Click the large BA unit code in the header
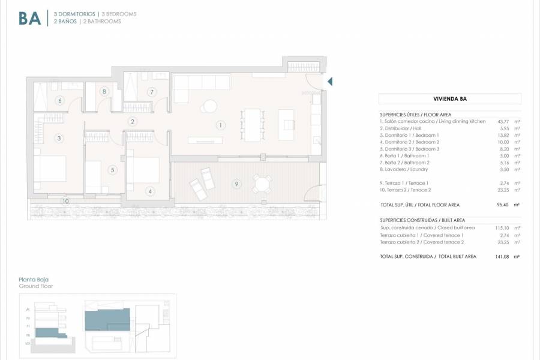pyautogui.click(x=29, y=18)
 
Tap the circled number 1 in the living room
pyautogui.click(x=221, y=125)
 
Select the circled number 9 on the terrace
pyautogui.click(x=236, y=183)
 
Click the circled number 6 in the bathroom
pyautogui.click(x=60, y=100)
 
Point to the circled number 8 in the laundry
pyautogui.click(x=104, y=92)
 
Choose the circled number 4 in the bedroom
pyautogui.click(x=150, y=191)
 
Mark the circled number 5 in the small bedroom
pyautogui.click(x=112, y=170)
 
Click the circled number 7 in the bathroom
pyautogui.click(x=152, y=92)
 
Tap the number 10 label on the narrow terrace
pyautogui.click(x=65, y=201)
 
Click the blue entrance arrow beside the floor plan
pyautogui.click(x=329, y=81)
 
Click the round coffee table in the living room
pyautogui.click(x=209, y=106)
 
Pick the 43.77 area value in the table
pyautogui.click(x=503, y=122)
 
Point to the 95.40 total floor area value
pyautogui.click(x=503, y=205)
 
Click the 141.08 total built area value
pyautogui.click(x=502, y=256)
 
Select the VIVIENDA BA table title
pyautogui.click(x=450, y=99)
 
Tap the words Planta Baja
pyautogui.click(x=34, y=280)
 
